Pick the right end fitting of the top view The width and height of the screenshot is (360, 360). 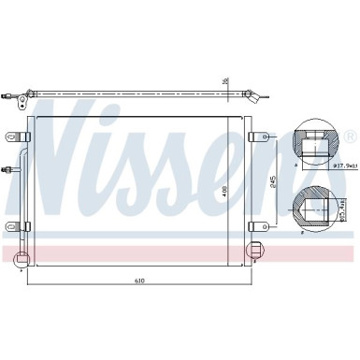pyautogui.click(x=255, y=94)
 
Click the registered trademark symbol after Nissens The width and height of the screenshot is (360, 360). pyautogui.click(x=349, y=137)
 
